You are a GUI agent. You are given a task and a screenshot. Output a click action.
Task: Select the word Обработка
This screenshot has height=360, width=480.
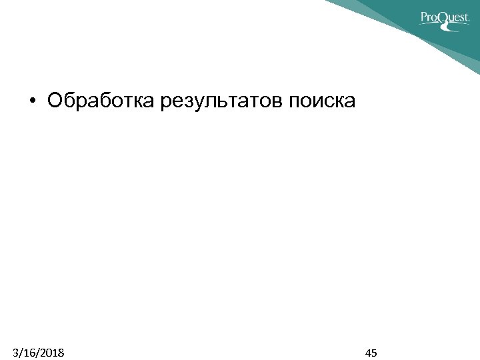[99, 101]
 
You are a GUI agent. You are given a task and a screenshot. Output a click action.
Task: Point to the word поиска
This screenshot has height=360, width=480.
[323, 101]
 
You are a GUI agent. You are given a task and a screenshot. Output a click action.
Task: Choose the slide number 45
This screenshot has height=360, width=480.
[371, 352]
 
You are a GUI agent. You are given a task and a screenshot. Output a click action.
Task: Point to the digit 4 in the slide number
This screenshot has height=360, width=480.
[368, 352]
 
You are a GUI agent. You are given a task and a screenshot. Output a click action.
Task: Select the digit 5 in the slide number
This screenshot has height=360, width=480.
[375, 352]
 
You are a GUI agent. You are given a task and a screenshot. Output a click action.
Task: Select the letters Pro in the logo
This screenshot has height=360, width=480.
[429, 17]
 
